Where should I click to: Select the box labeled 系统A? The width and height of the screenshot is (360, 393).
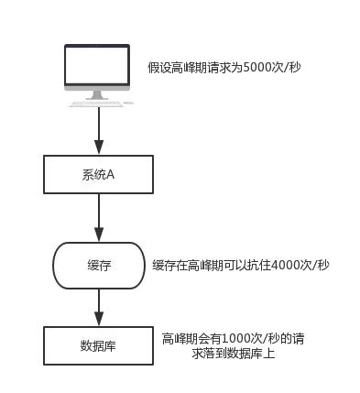coord(98,175)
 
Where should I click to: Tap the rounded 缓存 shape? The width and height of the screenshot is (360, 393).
coord(98,265)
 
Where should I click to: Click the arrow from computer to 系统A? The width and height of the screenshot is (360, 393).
coord(98,133)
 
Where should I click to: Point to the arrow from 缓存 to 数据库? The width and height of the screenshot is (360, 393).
coord(98,305)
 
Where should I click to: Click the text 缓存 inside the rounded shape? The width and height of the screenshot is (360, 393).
coord(98,265)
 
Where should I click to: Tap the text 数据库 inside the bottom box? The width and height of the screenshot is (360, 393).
coord(98,347)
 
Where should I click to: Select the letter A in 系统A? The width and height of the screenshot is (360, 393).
coord(110,175)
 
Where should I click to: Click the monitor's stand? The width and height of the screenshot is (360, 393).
coord(98,94)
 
